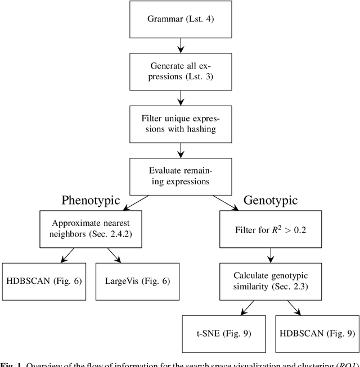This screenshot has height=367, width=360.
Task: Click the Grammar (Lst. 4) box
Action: [x=180, y=19]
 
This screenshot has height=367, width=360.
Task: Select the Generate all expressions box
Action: [x=180, y=71]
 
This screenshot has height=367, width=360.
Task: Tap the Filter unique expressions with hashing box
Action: [x=180, y=124]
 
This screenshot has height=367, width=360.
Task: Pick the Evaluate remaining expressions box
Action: [x=180, y=176]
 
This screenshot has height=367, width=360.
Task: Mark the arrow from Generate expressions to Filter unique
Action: [x=180, y=98]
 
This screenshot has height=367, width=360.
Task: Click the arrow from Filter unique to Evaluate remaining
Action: [x=180, y=150]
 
